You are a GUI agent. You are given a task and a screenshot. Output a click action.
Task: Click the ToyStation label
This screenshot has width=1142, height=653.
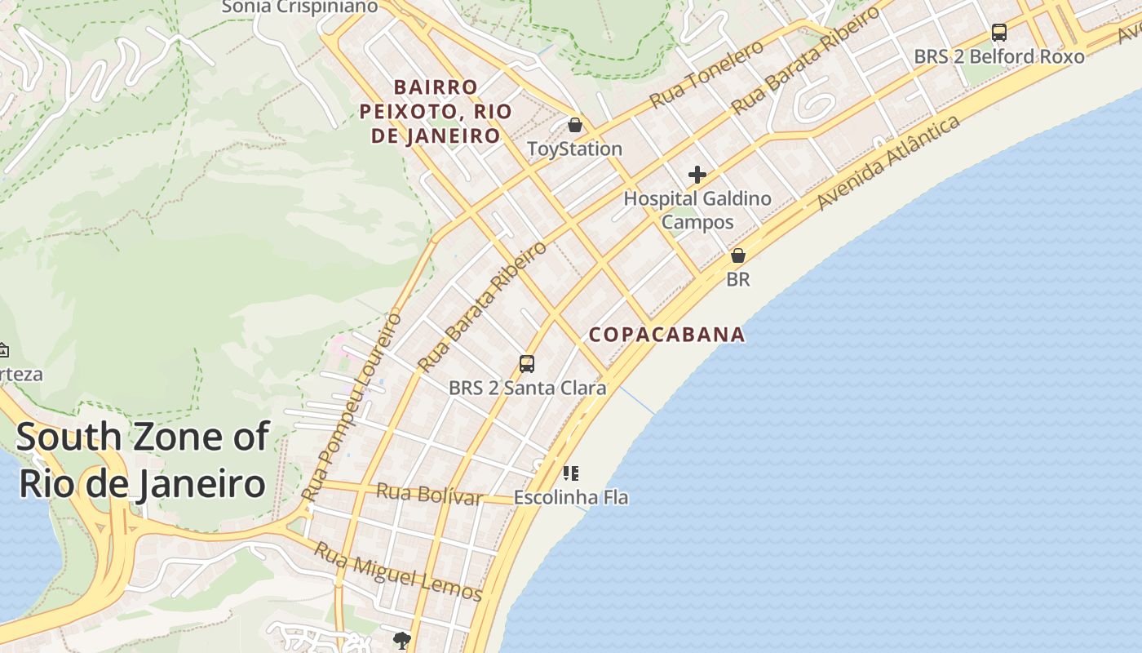point(574,149)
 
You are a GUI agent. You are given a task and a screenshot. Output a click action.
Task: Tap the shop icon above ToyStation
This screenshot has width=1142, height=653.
point(575,125)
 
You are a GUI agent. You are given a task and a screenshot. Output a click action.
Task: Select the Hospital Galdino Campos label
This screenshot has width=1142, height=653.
point(697,210)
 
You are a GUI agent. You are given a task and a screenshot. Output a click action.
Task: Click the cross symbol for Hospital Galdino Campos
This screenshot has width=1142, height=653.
point(697,174)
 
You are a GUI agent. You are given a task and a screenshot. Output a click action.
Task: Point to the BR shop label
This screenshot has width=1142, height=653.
point(737,279)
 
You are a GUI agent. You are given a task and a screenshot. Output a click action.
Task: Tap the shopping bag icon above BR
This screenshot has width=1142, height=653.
point(738,255)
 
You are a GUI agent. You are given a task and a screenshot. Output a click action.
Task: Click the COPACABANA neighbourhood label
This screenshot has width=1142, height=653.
point(667,334)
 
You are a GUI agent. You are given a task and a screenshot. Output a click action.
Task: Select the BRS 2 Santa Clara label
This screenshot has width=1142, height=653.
point(528,388)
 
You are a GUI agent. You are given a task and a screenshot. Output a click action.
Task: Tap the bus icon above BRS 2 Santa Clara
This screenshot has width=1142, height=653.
point(527,364)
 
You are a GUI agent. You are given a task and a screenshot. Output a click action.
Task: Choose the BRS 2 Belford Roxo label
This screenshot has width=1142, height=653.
point(999,56)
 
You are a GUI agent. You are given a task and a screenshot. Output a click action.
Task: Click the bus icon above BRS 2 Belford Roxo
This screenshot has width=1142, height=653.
point(999,33)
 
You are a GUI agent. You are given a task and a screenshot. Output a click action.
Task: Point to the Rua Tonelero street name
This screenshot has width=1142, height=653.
point(706,74)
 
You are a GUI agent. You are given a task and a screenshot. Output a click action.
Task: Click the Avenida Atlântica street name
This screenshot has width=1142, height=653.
point(888,162)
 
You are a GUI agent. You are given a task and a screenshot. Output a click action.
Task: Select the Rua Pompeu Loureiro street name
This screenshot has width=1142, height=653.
point(352,406)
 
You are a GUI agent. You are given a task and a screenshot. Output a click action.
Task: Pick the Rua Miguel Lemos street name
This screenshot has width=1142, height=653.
point(399,571)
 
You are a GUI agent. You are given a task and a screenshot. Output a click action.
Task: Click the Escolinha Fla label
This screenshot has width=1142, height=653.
point(571,497)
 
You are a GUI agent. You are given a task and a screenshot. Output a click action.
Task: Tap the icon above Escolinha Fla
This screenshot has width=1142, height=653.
point(571,473)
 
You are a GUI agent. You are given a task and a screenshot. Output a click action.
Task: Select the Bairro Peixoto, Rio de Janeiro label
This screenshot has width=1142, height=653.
point(436,111)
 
